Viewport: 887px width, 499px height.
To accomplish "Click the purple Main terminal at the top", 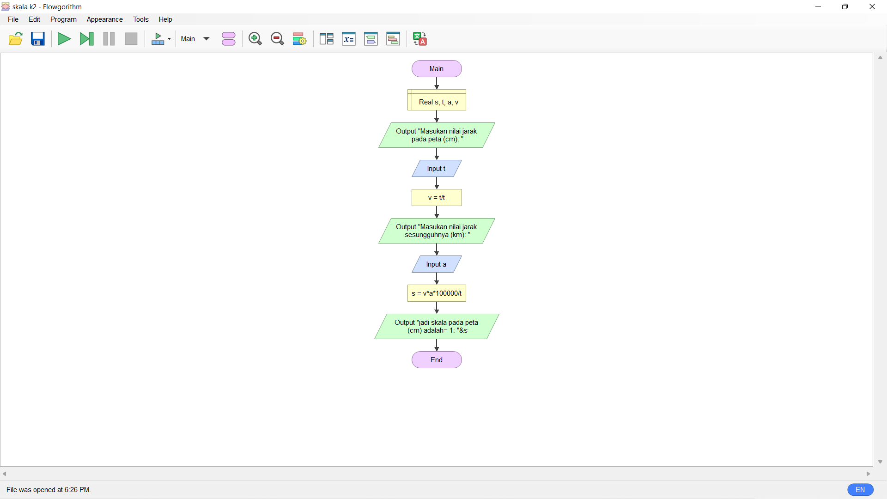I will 437,69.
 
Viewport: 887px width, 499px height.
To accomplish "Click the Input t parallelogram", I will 437,169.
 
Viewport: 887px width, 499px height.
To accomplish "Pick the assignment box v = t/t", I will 437,198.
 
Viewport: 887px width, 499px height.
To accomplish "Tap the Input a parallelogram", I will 437,264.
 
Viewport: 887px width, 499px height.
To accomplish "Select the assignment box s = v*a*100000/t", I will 437,293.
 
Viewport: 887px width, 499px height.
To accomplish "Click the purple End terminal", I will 437,360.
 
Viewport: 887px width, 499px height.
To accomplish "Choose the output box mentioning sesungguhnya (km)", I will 437,231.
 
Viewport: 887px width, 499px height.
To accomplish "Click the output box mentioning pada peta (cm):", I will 437,135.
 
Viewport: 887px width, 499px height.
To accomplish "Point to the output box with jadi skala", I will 437,326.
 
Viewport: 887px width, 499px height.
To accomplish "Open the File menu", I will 13,19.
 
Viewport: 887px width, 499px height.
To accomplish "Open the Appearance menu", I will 104,19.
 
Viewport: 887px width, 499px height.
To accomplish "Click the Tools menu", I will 140,19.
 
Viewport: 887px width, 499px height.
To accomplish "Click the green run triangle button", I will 64,39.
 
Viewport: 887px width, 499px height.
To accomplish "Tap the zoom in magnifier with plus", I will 255,39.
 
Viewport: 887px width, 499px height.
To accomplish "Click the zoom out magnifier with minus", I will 277,39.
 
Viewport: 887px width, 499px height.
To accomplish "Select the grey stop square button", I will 131,39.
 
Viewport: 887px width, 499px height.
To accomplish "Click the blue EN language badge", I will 860,490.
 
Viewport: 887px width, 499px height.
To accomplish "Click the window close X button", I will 872,6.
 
